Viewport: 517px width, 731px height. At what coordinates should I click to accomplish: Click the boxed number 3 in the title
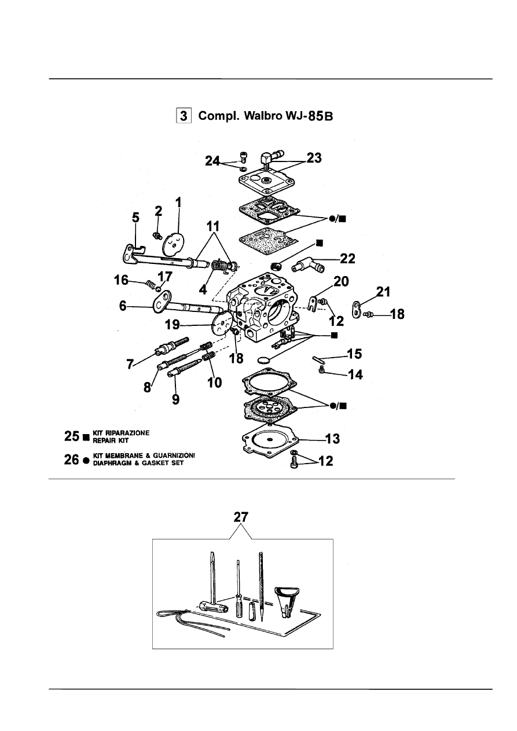tap(184, 116)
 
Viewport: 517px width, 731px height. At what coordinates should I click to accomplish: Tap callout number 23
tap(314, 158)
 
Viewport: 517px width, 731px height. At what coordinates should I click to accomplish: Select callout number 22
tap(347, 259)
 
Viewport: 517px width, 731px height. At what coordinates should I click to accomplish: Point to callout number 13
tap(332, 439)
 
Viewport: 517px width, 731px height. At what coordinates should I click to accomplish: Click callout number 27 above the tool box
tap(241, 517)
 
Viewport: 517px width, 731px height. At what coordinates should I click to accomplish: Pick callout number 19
tap(172, 325)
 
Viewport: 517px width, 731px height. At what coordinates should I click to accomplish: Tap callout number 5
tap(135, 218)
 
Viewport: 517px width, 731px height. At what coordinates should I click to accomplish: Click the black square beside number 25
tap(86, 437)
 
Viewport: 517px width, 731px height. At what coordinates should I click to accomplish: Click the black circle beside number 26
tap(86, 461)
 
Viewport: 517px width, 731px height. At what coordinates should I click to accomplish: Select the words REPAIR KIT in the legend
tap(111, 440)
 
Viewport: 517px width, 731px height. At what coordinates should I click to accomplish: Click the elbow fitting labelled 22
tap(308, 265)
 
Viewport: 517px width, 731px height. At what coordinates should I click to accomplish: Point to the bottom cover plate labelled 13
tap(270, 442)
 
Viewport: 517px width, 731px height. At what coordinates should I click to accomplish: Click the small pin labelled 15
tap(318, 359)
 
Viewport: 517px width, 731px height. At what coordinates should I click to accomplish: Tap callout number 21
tap(383, 292)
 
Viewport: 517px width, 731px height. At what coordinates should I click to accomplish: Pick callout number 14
tap(355, 374)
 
